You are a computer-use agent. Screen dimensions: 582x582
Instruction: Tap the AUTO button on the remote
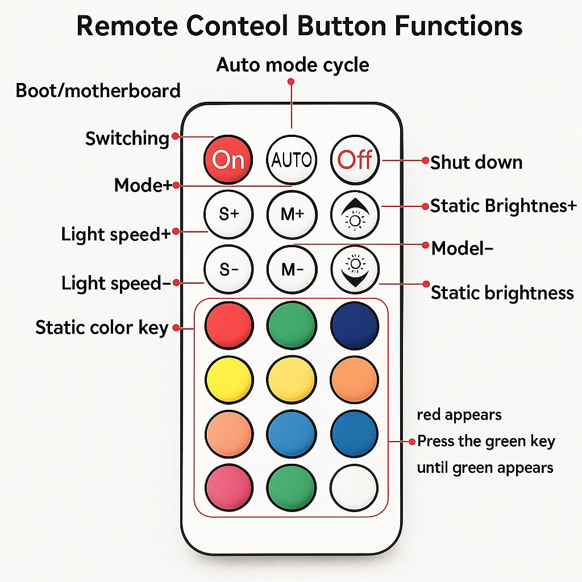tap(292, 160)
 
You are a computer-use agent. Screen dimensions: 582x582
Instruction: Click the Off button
tap(355, 160)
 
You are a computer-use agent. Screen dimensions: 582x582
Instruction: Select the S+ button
tap(228, 214)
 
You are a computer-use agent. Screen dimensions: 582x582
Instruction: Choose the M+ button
tap(292, 214)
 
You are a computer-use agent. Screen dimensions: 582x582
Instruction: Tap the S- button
tap(228, 269)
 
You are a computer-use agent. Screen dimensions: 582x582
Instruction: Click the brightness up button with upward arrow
tap(355, 214)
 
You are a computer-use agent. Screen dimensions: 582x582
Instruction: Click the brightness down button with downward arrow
tap(355, 269)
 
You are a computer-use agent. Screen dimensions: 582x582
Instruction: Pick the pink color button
tap(228, 487)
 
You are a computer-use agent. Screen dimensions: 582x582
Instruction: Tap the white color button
tap(354, 487)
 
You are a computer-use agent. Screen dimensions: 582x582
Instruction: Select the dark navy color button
tap(355, 326)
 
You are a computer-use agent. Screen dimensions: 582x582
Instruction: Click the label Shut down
tap(476, 162)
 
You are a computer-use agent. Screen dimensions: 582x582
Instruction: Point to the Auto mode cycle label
tap(293, 65)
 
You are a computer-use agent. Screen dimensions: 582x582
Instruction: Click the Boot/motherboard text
tap(98, 90)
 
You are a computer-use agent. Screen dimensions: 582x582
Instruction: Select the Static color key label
tap(102, 327)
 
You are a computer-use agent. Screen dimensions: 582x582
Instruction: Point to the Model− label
tap(462, 248)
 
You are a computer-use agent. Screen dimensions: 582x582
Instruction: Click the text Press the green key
tap(486, 441)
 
